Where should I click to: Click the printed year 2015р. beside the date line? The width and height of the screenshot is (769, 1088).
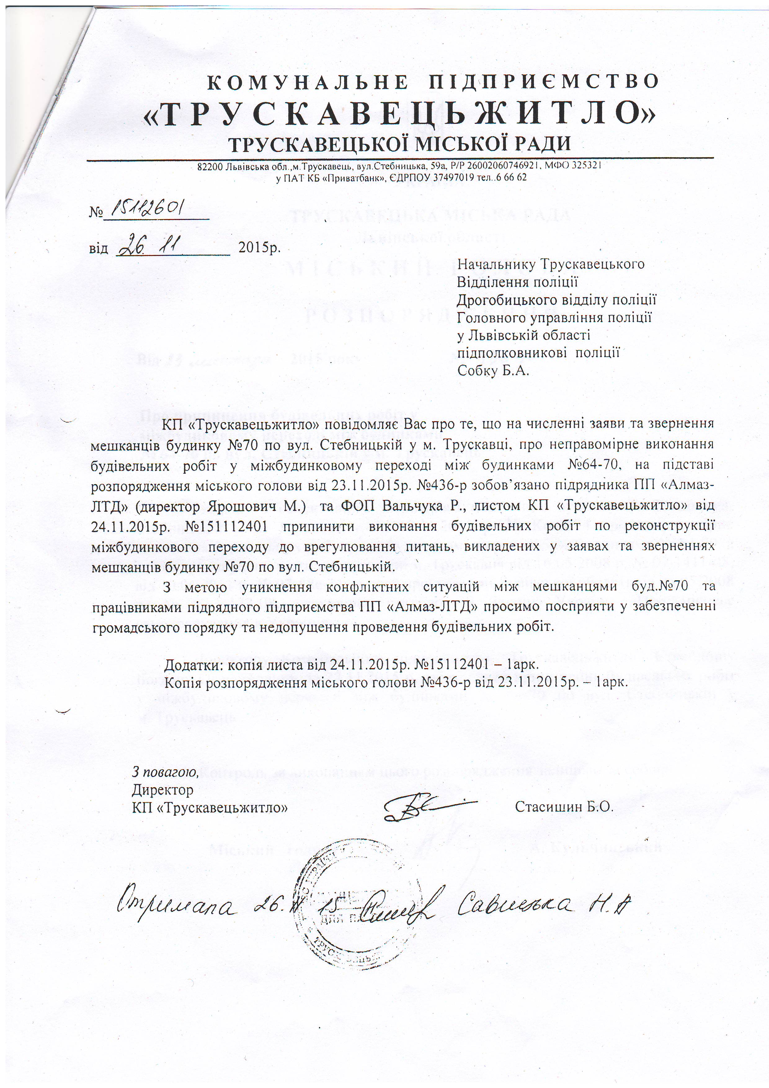[x=259, y=247]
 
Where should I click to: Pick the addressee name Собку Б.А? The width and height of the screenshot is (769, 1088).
[x=492, y=371]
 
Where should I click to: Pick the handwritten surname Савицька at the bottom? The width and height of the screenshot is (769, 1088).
[x=517, y=905]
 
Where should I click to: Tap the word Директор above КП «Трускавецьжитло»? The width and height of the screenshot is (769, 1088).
[x=162, y=790]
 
